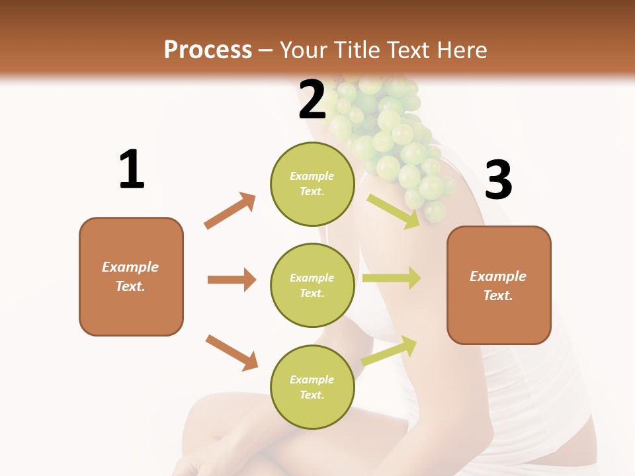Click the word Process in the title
coord(208,50)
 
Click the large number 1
coord(131,170)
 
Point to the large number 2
coord(312,100)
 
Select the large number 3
coord(498,180)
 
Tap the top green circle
coord(312,184)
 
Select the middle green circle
coord(312,285)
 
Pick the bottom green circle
coord(312,387)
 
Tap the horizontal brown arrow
coord(232,280)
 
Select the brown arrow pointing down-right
coord(232,352)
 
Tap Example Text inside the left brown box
coord(130,276)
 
